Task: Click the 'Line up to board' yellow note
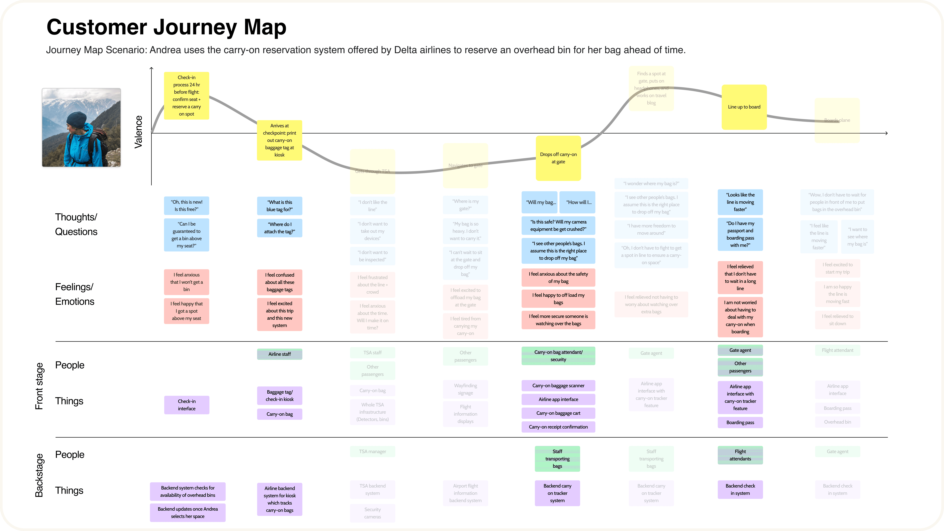[744, 107]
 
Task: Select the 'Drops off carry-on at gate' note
[558, 158]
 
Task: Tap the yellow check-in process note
[186, 96]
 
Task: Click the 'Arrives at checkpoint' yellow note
[279, 140]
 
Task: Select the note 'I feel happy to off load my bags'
[558, 299]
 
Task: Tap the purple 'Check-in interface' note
[186, 405]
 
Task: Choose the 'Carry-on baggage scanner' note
[558, 385]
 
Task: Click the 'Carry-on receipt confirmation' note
[558, 427]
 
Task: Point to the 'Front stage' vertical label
[39, 386]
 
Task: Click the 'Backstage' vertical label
[39, 475]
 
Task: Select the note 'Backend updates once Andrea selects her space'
[188, 513]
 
